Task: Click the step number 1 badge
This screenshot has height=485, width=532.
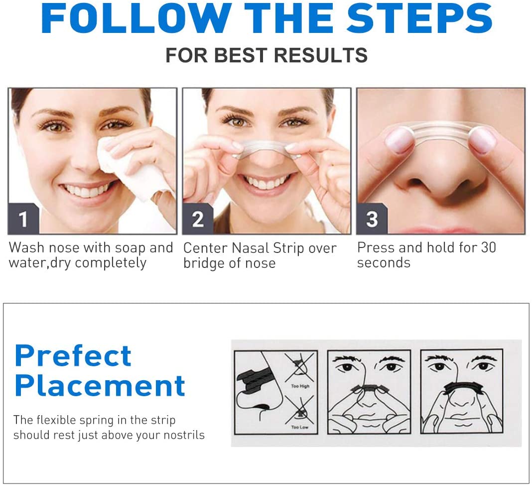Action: click(x=23, y=219)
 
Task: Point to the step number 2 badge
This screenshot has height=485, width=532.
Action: click(x=198, y=219)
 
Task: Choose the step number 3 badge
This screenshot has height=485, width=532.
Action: click(x=372, y=219)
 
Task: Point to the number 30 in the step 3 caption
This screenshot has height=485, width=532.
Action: click(x=489, y=247)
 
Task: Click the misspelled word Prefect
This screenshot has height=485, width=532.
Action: click(x=73, y=355)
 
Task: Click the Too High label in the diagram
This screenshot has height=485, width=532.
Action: click(x=300, y=386)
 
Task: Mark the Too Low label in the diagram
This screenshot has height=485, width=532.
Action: click(x=299, y=427)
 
